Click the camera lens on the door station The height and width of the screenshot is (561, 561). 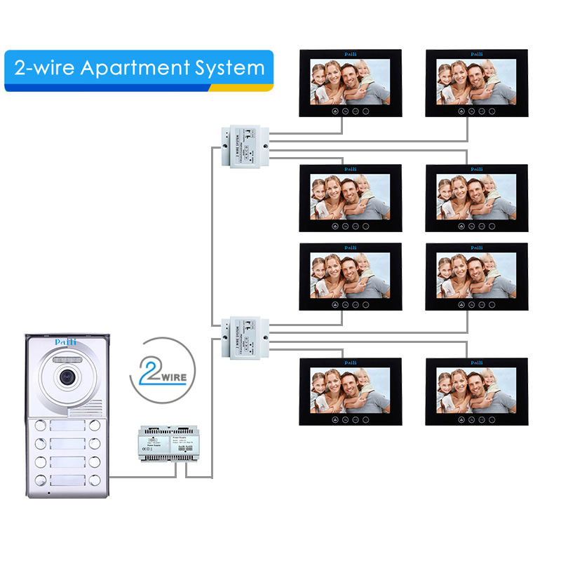pyautogui.click(x=67, y=375)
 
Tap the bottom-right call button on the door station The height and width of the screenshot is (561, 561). pyautogui.click(x=94, y=481)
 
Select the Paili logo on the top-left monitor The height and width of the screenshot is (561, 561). pyautogui.click(x=350, y=53)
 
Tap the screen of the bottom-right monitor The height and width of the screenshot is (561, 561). pyautogui.click(x=476, y=387)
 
